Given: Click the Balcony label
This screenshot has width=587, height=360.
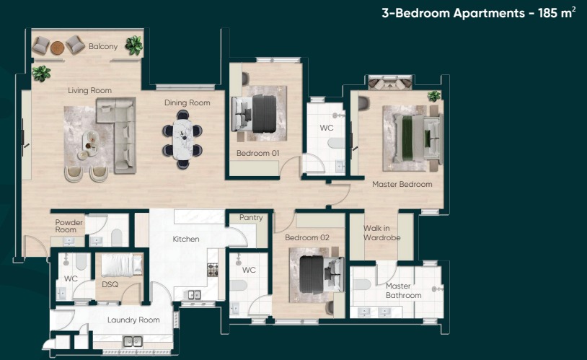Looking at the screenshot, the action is point(103,46).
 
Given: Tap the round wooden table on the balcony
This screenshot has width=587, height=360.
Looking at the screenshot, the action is point(57,48).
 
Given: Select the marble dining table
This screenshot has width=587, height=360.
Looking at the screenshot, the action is point(182,139).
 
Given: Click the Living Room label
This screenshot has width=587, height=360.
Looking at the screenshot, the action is point(90,90).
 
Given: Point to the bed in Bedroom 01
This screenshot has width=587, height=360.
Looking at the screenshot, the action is point(254,113).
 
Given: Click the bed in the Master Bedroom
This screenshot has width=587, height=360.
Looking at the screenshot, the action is point(418,138).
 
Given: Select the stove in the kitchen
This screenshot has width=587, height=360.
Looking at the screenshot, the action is point(213,270).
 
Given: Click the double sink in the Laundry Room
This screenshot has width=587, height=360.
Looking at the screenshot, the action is point(133,341).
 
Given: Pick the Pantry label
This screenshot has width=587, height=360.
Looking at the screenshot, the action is point(251,217).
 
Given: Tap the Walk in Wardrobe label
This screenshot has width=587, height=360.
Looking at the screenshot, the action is point(382,232).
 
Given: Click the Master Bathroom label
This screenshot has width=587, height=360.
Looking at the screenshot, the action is point(404,291).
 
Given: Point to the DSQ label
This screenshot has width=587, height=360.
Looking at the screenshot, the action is point(110,284).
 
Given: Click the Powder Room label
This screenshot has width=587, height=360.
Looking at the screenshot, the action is point(69,226).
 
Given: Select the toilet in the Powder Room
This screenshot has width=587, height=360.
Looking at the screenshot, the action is point(116,237).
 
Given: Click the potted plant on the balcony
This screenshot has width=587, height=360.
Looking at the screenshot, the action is point(134,45).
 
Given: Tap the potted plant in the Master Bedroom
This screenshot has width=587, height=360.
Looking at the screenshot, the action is point(434,96).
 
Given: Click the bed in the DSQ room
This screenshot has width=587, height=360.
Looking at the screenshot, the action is point(122,265).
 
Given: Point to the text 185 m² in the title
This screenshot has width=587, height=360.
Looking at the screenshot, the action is point(557,12).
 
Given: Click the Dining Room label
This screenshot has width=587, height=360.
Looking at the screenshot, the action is point(187,102).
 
